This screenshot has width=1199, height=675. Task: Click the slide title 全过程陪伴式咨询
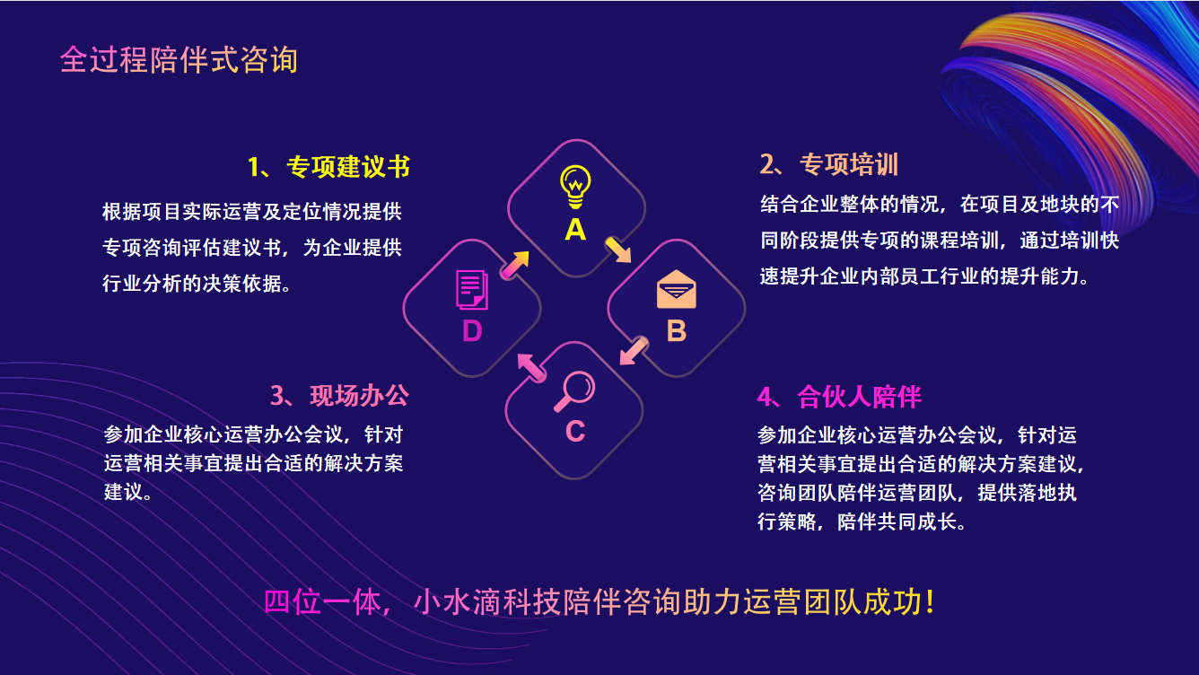click(179, 59)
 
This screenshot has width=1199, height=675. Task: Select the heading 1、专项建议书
click(328, 166)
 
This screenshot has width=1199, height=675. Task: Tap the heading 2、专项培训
click(829, 164)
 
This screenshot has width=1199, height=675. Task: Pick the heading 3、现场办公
click(339, 396)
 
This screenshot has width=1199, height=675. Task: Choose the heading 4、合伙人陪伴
click(839, 397)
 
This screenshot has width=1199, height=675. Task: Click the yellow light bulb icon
click(575, 187)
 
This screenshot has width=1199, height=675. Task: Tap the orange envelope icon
click(677, 289)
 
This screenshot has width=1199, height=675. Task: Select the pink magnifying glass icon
click(573, 391)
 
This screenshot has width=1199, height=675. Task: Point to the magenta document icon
click(471, 290)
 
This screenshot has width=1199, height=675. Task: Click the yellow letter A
click(575, 230)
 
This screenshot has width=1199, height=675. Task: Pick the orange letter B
click(677, 331)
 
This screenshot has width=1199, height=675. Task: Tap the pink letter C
click(575, 432)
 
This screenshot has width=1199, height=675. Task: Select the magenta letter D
click(472, 331)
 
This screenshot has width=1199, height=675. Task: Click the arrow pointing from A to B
click(618, 250)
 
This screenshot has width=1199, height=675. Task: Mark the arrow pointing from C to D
click(531, 368)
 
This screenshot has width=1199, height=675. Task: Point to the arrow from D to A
click(515, 265)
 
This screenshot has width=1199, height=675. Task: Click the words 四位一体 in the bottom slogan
click(321, 602)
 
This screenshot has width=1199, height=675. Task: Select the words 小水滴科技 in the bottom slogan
click(487, 602)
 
